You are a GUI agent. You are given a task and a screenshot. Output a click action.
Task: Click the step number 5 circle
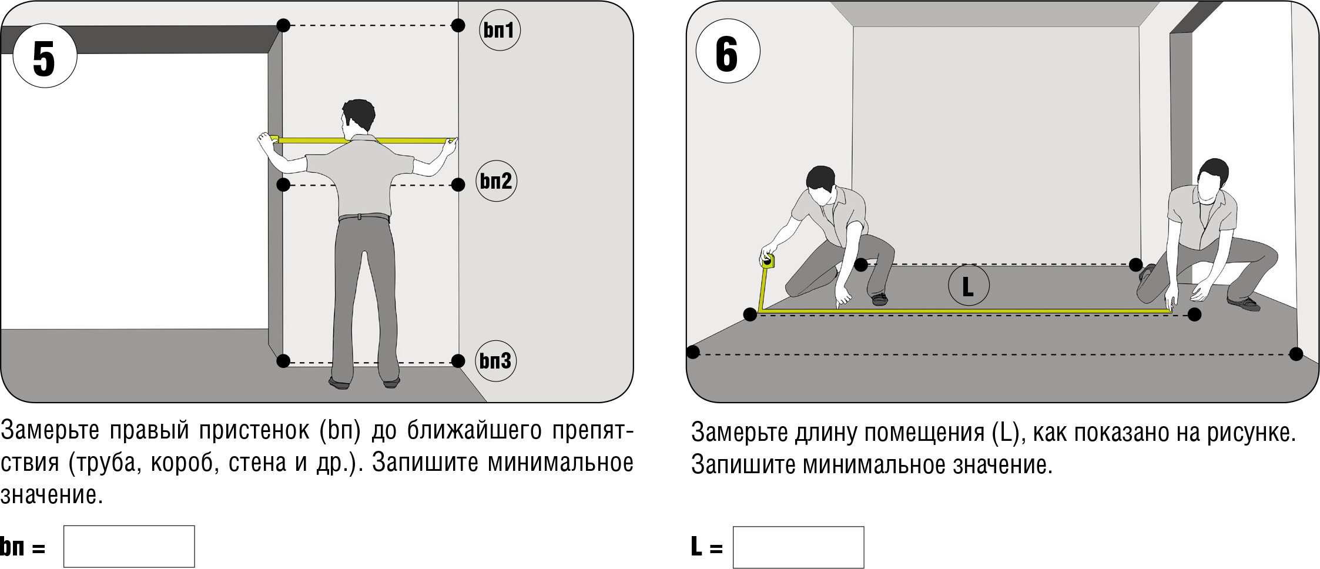[45, 56]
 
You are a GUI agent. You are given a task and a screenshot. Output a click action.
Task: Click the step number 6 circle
[728, 51]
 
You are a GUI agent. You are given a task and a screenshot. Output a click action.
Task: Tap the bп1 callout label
[500, 29]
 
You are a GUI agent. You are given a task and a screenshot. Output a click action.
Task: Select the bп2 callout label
[496, 181]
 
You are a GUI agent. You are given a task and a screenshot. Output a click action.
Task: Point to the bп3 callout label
[495, 361]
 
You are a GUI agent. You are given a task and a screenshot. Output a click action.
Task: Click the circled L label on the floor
[969, 285]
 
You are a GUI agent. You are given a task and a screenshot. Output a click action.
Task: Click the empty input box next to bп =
[129, 547]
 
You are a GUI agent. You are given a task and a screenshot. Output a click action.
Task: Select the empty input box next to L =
[798, 547]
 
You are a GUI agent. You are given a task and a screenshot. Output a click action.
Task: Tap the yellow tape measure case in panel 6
[768, 261]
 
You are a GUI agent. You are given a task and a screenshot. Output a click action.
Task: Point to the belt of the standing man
[364, 217]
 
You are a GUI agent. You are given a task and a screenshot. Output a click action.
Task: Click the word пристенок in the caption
[254, 431]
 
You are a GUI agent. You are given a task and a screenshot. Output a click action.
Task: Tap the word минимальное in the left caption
[560, 463]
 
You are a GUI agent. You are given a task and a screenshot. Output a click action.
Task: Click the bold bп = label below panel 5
[22, 547]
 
